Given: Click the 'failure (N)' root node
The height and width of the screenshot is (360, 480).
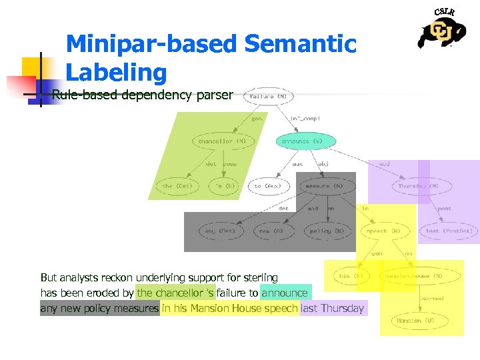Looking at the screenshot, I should coord(269,96).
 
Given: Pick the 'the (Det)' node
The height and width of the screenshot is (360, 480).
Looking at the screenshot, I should coord(176,186).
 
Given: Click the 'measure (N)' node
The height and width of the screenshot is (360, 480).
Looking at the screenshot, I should coord(326,186).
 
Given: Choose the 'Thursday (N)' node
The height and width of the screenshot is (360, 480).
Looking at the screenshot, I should coord(418,186).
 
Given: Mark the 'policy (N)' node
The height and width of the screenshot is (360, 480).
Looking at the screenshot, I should coord(326,231).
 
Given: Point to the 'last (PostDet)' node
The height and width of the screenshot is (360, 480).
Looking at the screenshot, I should coord(449,231).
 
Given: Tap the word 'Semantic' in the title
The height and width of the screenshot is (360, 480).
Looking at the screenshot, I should coord(301,45).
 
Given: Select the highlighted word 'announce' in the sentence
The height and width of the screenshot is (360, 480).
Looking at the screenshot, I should coord(285,293).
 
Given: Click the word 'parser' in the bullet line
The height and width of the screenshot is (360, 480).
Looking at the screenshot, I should coord(215,95).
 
